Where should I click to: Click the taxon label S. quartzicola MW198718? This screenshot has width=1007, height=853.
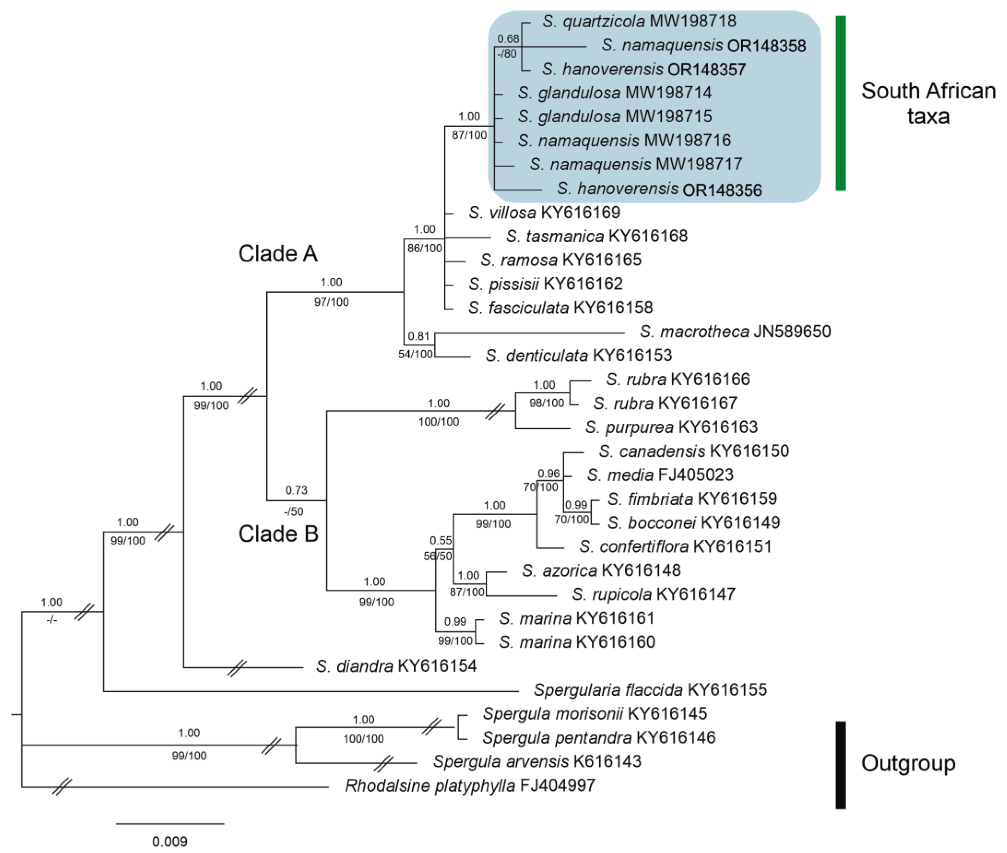639,21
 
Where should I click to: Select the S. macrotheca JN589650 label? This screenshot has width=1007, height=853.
735,332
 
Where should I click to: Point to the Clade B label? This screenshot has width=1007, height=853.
278,534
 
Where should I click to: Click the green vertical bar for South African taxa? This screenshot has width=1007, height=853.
841,103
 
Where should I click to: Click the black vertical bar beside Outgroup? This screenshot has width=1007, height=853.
841,765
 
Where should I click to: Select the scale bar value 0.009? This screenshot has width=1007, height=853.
170,841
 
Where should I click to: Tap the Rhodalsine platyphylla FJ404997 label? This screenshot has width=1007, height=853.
470,786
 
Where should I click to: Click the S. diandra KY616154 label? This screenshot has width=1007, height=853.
396,666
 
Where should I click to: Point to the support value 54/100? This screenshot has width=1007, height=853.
415,355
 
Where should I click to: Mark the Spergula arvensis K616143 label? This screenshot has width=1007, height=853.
537,762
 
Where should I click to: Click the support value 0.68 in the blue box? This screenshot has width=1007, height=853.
508,39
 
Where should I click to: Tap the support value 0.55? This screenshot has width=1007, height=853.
441,540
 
